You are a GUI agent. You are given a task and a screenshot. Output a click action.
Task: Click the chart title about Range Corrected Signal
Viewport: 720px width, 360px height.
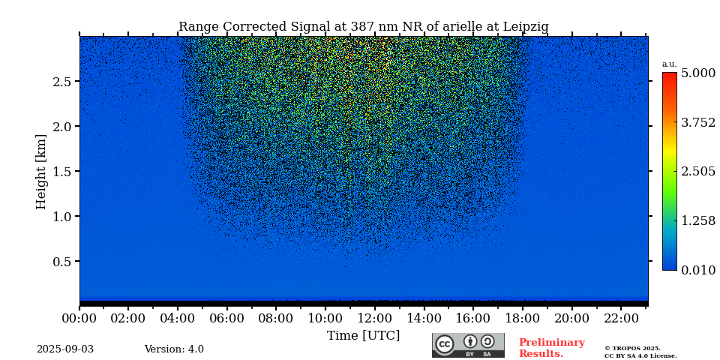pos(363,27)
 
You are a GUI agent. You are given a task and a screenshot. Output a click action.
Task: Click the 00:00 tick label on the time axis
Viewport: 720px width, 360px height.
pos(79,318)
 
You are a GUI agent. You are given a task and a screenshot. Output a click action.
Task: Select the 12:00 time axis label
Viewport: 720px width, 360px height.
pos(374,318)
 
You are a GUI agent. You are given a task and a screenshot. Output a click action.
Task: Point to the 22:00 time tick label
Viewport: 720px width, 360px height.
pos(620,318)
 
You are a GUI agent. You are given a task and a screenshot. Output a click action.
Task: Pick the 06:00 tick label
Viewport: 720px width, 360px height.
pos(227,318)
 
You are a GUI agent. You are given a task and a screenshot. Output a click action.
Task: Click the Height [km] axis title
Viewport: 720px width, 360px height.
pos(41,171)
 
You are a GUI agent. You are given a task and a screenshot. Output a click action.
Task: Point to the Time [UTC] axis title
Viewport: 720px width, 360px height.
pos(363,335)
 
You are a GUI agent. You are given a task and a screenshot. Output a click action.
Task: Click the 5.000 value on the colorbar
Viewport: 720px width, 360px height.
pos(697,73)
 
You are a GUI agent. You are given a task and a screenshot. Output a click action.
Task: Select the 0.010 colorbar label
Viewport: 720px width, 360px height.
pos(697,270)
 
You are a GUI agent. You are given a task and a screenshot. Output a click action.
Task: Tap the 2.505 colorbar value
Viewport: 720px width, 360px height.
pos(697,171)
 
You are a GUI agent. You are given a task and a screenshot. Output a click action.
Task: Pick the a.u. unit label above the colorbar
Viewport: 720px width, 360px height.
pos(669,64)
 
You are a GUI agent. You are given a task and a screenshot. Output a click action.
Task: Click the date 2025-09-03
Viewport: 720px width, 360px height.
pos(65,349)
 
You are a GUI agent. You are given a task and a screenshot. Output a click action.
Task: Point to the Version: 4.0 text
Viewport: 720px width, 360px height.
pos(174,349)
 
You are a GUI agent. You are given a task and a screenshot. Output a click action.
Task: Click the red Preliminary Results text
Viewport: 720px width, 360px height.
pos(551,348)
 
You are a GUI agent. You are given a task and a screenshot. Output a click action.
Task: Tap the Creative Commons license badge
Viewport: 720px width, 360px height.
pos(468,345)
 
